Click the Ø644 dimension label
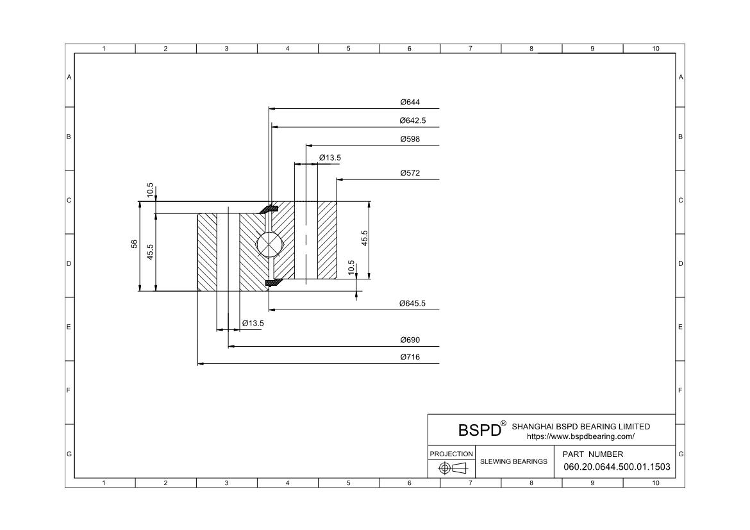pyautogui.click(x=410, y=102)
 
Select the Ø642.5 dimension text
pyautogui.click(x=412, y=120)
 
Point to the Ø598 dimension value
pyautogui.click(x=410, y=139)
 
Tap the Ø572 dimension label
pyautogui.click(x=410, y=173)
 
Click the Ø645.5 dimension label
pyautogui.click(x=412, y=303)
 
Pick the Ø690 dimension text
pyautogui.click(x=410, y=340)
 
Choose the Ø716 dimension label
pyautogui.click(x=410, y=357)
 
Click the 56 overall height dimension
pyautogui.click(x=135, y=244)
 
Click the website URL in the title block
pyautogui.click(x=581, y=436)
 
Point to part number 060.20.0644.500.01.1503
pyautogui.click(x=617, y=467)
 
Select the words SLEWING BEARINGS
pyautogui.click(x=513, y=461)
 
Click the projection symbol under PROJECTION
pyautogui.click(x=453, y=468)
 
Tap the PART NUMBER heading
pyautogui.click(x=593, y=454)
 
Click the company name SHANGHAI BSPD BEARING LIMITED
pyautogui.click(x=581, y=427)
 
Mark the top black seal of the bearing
pyautogui.click(x=269, y=209)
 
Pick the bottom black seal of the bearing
pyautogui.click(x=272, y=282)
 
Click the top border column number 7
pyautogui.click(x=470, y=48)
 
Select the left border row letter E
pyautogui.click(x=69, y=327)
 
